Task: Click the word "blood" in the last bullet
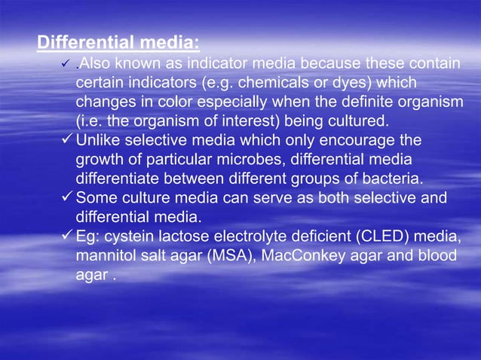tap(437, 257)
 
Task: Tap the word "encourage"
tap(360, 141)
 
